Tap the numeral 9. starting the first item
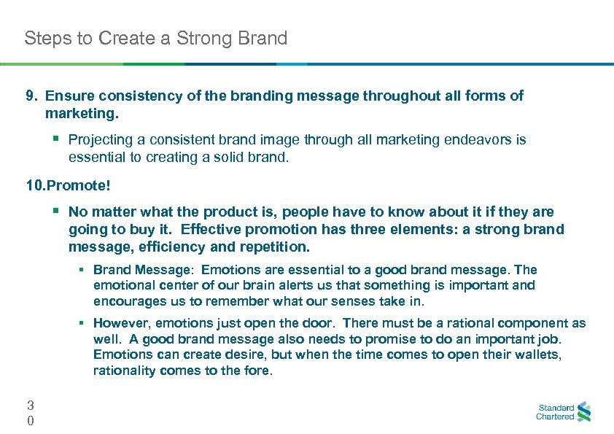click(31, 96)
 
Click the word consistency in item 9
click(122, 96)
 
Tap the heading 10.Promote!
click(69, 186)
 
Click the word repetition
click(276, 247)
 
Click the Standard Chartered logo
click(564, 412)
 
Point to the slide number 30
click(30, 412)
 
